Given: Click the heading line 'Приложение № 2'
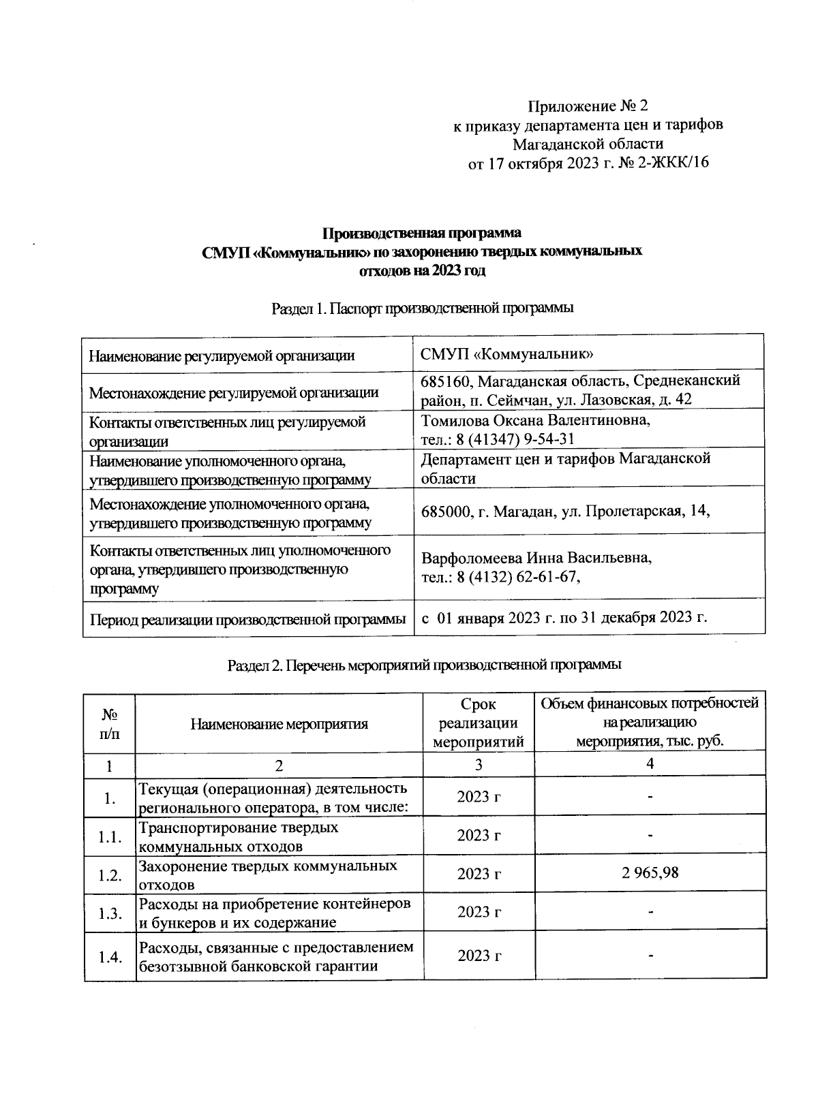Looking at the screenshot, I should pyautogui.click(x=587, y=107).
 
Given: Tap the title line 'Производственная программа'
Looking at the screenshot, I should pyautogui.click(x=422, y=234).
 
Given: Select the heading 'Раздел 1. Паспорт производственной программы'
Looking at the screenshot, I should pyautogui.click(x=422, y=309).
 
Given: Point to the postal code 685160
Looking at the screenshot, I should pyautogui.click(x=443, y=380).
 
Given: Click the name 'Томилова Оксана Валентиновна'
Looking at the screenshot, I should pyautogui.click(x=536, y=420).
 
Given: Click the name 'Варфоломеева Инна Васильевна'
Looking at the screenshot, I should pyautogui.click(x=536, y=558).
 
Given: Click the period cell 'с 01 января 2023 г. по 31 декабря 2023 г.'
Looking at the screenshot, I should pyautogui.click(x=564, y=618).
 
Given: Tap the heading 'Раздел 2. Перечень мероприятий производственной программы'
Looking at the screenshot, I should pyautogui.click(x=424, y=665).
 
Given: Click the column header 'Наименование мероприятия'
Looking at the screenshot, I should pyautogui.click(x=279, y=724).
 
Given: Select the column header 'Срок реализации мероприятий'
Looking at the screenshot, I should pyautogui.click(x=479, y=723).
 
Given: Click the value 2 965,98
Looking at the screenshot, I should pyautogui.click(x=650, y=873).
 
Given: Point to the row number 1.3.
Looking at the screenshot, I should pyautogui.click(x=109, y=913).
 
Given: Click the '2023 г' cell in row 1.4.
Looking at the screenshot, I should pyautogui.click(x=479, y=956).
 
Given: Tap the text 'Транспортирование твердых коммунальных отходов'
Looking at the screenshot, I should pyautogui.click(x=239, y=837).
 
